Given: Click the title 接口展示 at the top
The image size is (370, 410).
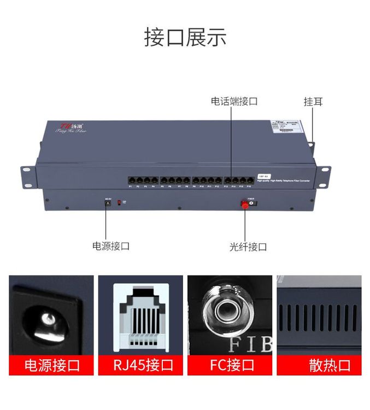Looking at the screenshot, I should pyautogui.click(x=185, y=37).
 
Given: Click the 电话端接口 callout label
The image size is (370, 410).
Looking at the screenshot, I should pyautogui.click(x=234, y=102).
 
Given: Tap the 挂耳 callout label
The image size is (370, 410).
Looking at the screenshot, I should pyautogui.click(x=313, y=102).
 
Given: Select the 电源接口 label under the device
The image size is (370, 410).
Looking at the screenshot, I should pyautogui.click(x=111, y=246).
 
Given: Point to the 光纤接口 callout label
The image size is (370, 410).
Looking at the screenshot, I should pyautogui.click(x=248, y=247).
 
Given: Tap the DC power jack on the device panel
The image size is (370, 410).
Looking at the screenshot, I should pyautogui.click(x=108, y=203).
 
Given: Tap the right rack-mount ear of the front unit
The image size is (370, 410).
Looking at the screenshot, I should pyautogui.click(x=324, y=173).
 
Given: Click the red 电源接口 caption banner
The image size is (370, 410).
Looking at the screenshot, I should pyautogui.click(x=52, y=365).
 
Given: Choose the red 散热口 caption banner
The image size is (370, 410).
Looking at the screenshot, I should pyautogui.click(x=319, y=365).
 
